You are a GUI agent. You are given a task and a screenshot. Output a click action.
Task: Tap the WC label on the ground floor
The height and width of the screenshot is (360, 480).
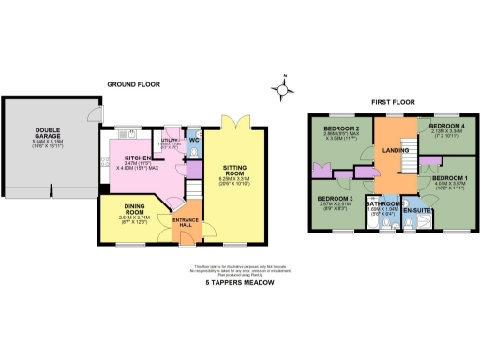pyautogui.click(x=194, y=141)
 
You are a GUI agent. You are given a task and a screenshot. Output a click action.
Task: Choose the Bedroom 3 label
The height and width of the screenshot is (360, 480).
pyautogui.click(x=334, y=199)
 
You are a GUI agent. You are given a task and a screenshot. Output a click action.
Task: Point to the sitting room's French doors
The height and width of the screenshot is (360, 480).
pyautogui.click(x=235, y=118)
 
